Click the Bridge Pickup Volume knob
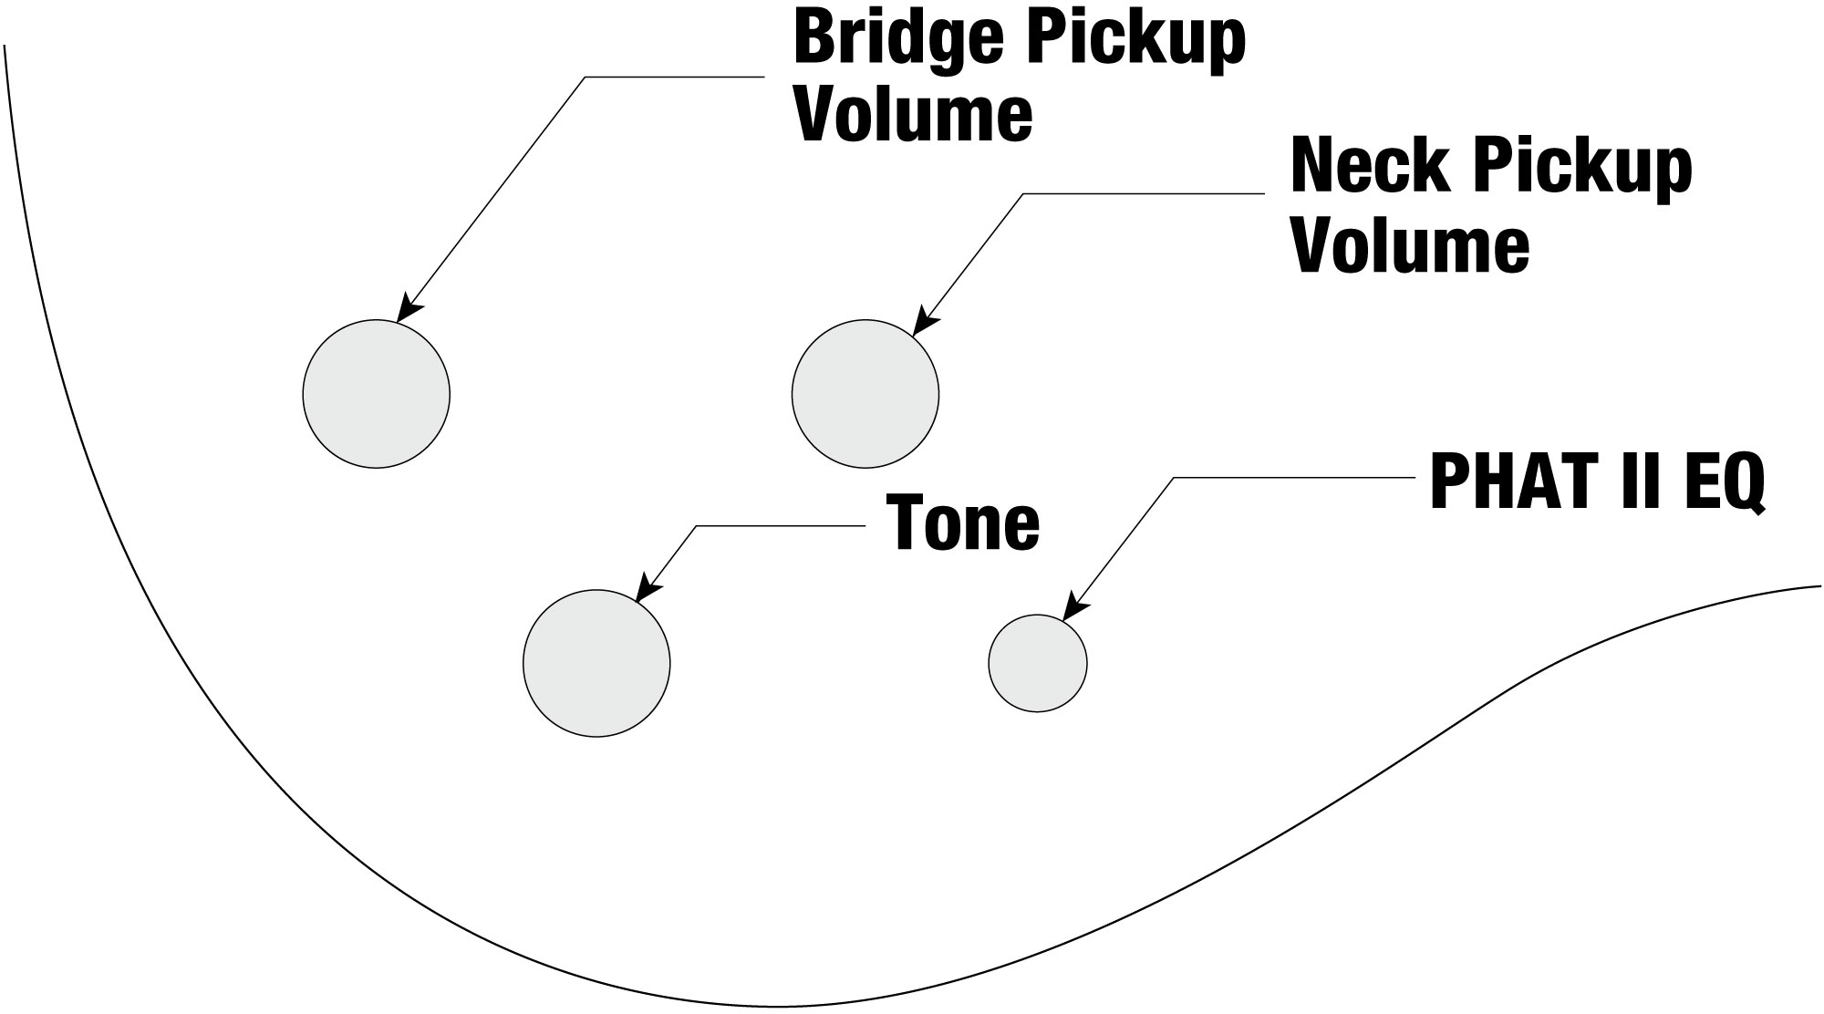click(x=376, y=394)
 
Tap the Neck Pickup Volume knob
click(x=865, y=394)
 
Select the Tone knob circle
click(x=596, y=663)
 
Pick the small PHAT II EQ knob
click(x=1038, y=663)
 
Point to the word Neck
click(x=1360, y=169)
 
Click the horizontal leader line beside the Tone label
click(x=780, y=526)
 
